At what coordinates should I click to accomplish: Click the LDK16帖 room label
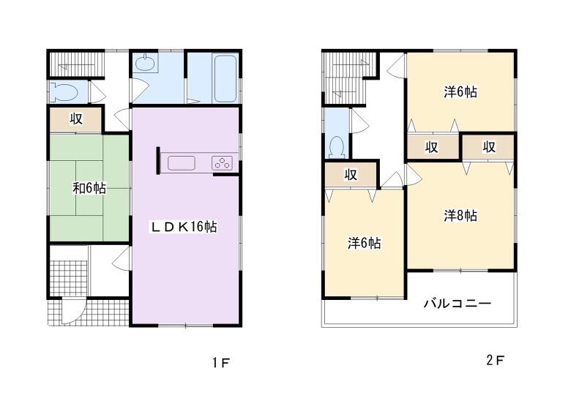184,226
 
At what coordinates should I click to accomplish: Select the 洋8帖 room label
460,216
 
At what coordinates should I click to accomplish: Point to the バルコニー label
457,303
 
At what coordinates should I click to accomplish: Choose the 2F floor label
495,361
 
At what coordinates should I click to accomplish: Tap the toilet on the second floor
337,147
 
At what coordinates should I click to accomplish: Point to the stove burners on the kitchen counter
222,162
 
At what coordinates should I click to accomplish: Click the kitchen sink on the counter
180,162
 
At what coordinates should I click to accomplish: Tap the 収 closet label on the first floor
75,119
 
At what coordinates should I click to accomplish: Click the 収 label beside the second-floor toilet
351,174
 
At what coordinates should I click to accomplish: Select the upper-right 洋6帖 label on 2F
460,92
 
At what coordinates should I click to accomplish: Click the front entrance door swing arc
71,312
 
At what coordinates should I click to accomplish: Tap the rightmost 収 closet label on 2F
489,147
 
